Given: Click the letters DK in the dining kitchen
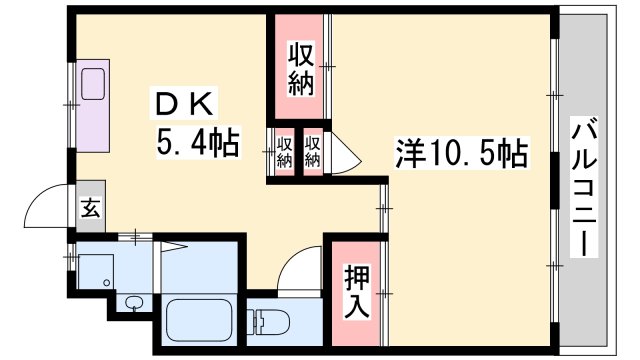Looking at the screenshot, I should pyautogui.click(x=180, y=104).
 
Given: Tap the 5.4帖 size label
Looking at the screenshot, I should pyautogui.click(x=197, y=144).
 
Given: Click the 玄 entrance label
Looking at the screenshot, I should pyautogui.click(x=89, y=209).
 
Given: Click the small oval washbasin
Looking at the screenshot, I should pyautogui.click(x=134, y=303).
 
